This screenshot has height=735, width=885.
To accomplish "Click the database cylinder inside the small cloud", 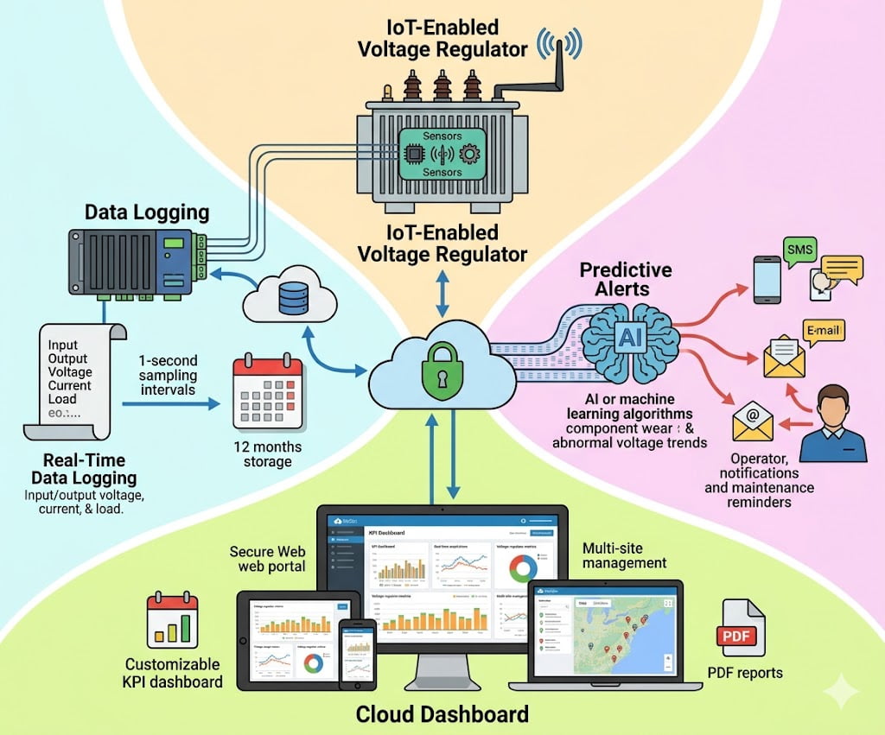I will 292,298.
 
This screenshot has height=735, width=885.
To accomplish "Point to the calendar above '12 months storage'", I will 267,393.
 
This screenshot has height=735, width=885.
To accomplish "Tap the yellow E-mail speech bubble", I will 824,330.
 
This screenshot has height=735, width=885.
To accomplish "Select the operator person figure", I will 832,423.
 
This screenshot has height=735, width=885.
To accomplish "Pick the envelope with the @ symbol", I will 753,421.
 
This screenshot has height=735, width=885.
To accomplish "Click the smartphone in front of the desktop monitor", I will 356,654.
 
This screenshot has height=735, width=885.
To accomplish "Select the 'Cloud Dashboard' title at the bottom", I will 442,714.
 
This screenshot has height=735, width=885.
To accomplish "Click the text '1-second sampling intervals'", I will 168,375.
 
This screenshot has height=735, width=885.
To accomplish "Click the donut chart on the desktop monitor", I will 522,568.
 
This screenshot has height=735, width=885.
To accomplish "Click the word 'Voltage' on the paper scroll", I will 69,371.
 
